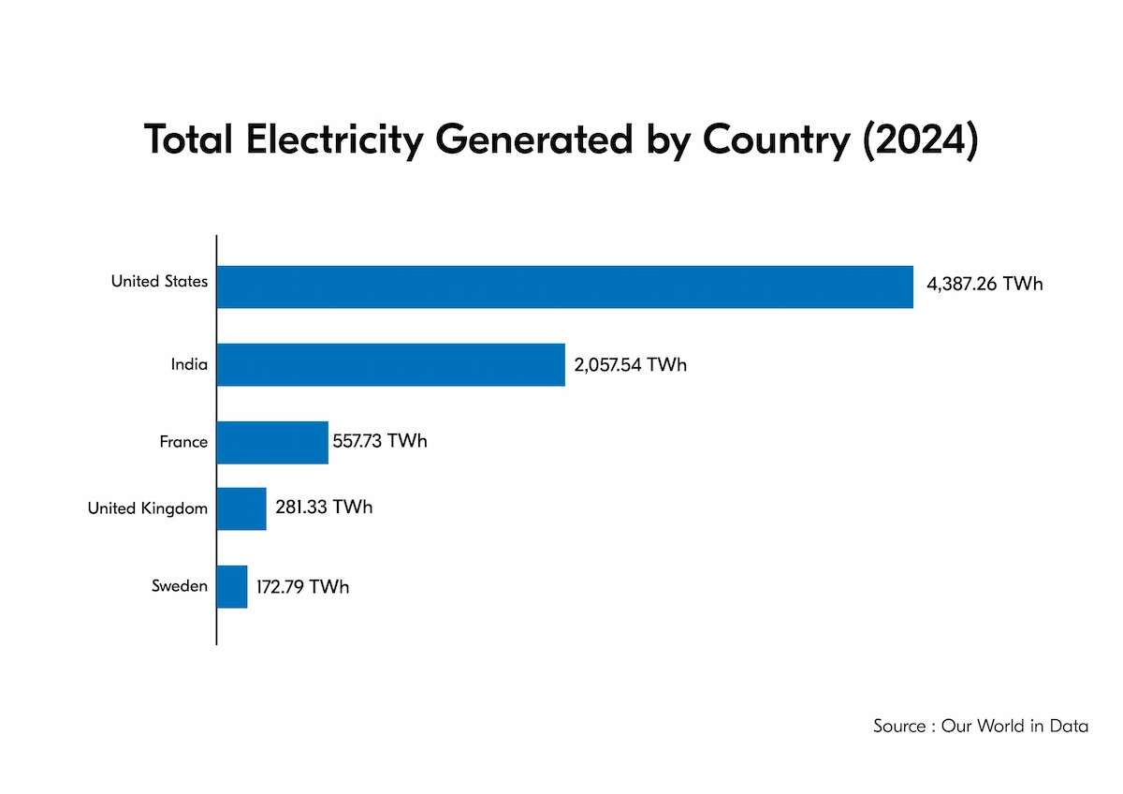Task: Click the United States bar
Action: [x=564, y=287]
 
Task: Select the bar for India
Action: [x=390, y=364]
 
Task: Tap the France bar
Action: [x=272, y=442]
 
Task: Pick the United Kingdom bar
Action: [x=241, y=508]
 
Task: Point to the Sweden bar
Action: [x=232, y=587]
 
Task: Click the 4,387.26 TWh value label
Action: [x=984, y=284]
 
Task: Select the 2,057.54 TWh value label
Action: [x=631, y=364]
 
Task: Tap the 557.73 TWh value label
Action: [x=380, y=440]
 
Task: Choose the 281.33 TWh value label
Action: [x=324, y=507]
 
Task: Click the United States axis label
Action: [x=159, y=281]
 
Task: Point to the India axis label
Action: [x=189, y=364]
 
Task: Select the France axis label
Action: [x=183, y=442]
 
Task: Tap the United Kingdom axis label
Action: [x=148, y=508]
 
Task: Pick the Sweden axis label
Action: [x=180, y=587]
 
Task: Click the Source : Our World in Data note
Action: [x=981, y=726]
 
